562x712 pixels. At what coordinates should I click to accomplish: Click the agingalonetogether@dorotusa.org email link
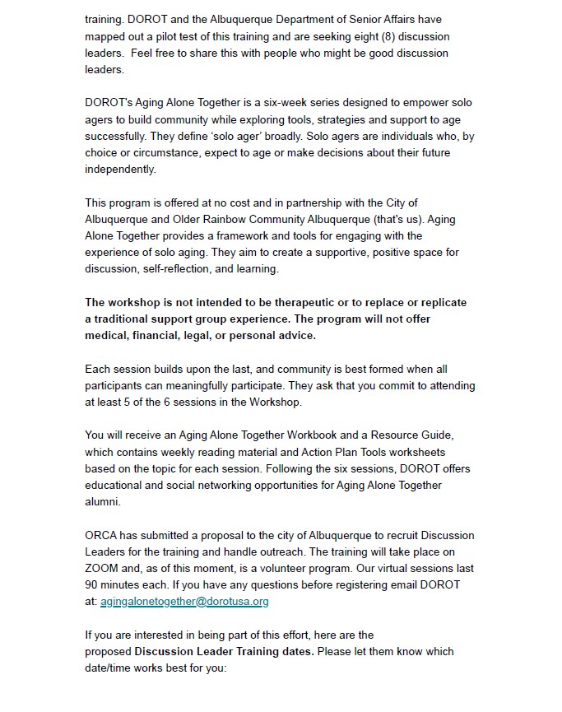coord(184,601)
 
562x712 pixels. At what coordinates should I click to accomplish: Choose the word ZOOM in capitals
coord(102,568)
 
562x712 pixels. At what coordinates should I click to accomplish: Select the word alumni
coord(102,501)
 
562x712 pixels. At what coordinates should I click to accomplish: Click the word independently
coord(120,169)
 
